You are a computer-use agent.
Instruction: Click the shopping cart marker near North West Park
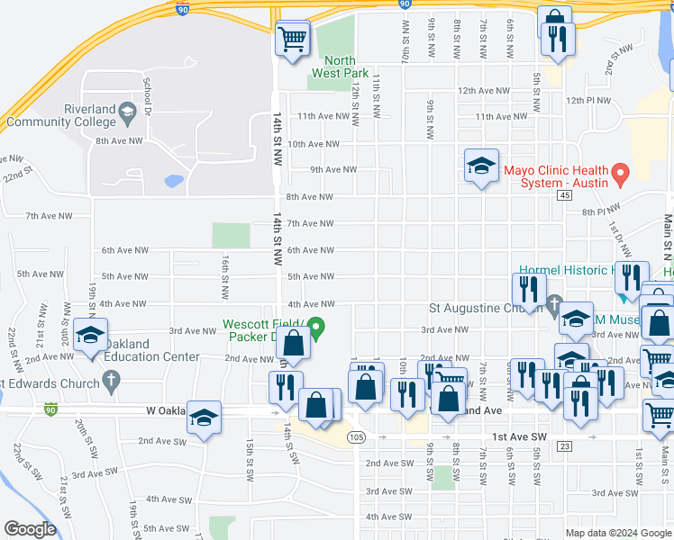click(292, 40)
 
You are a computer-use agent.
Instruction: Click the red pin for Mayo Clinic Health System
click(619, 171)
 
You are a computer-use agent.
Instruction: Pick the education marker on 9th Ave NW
click(481, 166)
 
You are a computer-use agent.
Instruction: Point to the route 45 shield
click(565, 194)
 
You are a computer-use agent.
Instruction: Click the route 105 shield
click(357, 436)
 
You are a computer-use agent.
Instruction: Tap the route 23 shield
click(565, 445)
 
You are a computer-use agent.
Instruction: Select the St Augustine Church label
click(485, 309)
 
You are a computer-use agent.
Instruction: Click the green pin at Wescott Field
click(315, 327)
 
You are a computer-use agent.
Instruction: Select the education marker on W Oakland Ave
click(205, 417)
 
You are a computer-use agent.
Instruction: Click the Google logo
click(30, 529)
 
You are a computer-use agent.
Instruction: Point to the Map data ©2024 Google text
click(618, 532)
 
